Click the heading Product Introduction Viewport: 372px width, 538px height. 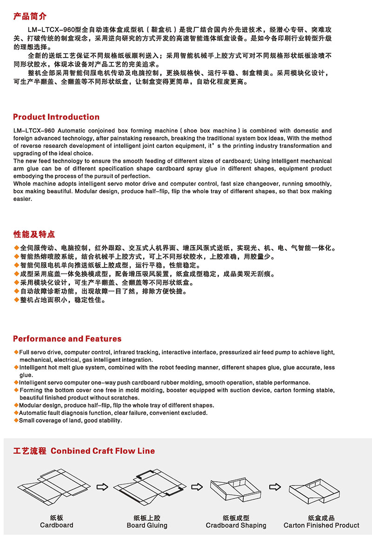[56, 117]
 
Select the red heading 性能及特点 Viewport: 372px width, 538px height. [34, 234]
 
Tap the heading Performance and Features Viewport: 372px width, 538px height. [67, 339]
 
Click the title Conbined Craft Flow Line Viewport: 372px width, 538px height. [103, 451]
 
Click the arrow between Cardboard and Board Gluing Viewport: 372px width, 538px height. [102, 487]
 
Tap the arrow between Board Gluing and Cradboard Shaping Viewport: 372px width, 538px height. [197, 487]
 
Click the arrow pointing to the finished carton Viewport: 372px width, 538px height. [275, 487]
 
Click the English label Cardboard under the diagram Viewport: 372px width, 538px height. [57, 525]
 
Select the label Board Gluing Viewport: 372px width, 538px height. [147, 525]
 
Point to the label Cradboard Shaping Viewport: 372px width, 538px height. [236, 525]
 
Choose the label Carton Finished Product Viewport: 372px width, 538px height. [321, 525]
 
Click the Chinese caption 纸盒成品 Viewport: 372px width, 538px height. [321, 518]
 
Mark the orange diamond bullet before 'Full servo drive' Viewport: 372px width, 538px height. [16, 352]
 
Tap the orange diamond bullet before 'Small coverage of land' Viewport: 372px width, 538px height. [16, 420]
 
